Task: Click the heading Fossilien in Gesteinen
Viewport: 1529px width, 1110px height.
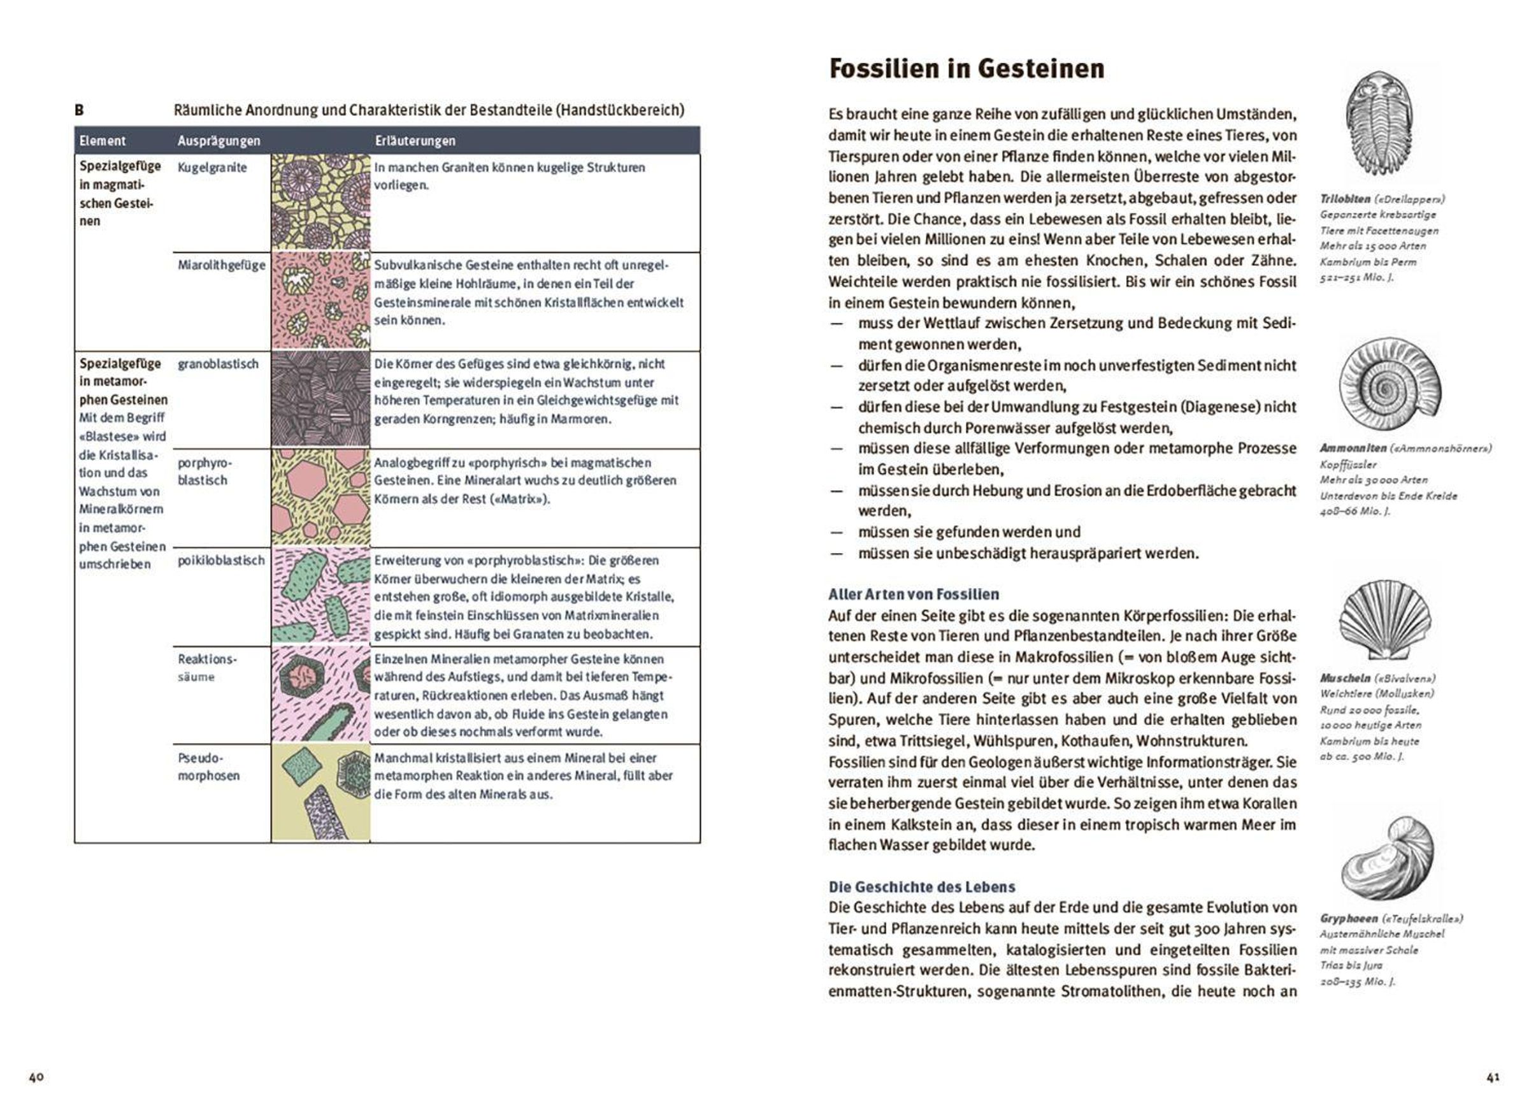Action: (966, 69)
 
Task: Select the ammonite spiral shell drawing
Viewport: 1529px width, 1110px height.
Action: (1389, 386)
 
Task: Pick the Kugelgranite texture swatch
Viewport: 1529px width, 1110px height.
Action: (321, 202)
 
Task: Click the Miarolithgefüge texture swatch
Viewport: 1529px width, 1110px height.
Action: (321, 301)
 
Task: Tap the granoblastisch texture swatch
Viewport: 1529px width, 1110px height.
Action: (321, 400)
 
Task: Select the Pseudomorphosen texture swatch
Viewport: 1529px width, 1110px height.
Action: (321, 793)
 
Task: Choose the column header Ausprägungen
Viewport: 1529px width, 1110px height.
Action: (219, 141)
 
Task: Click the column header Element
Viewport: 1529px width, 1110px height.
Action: (103, 141)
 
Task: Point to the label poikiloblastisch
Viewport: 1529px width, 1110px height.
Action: (221, 560)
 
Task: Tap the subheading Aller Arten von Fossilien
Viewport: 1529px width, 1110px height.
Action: (914, 594)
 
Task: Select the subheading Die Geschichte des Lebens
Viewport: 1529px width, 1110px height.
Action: (922, 887)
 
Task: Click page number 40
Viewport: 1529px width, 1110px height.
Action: (36, 1077)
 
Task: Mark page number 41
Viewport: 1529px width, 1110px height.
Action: (1493, 1077)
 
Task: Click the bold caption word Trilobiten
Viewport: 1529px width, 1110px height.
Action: (1345, 199)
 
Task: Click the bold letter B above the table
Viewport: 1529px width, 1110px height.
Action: (80, 110)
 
